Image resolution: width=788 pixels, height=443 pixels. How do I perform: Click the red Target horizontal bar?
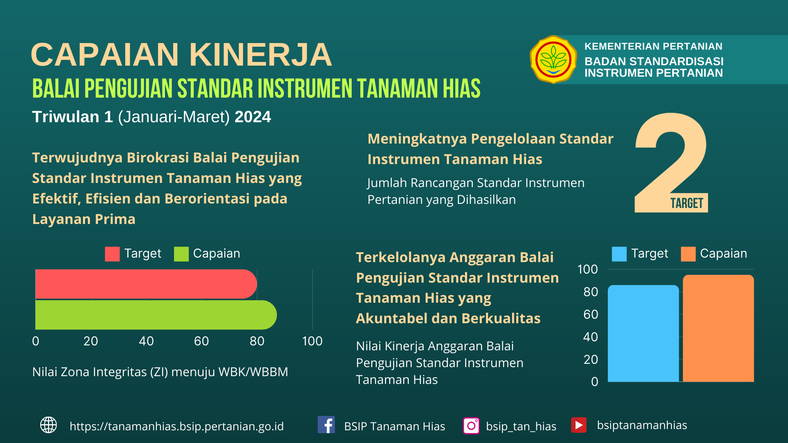coord(146,284)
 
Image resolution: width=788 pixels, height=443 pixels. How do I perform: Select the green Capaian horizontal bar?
coord(156,315)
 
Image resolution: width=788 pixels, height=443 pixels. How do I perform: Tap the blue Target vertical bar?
coord(643,333)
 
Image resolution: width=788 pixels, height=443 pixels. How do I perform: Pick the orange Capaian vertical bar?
coord(718,328)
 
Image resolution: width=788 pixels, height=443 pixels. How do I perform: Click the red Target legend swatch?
coord(112,254)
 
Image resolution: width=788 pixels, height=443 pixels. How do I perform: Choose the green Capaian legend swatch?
coord(181,254)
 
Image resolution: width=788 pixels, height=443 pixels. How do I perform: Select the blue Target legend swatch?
coord(619,254)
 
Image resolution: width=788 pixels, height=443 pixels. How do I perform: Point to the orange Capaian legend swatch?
coord(688,254)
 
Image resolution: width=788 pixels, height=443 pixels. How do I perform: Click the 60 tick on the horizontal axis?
coord(202,341)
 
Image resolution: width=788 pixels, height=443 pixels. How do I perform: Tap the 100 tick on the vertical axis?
coord(587,269)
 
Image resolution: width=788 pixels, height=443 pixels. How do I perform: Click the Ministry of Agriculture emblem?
coord(553,59)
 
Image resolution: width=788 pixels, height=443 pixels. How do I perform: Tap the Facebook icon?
coord(326,425)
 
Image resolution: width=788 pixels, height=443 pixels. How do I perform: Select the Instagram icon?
coord(471,426)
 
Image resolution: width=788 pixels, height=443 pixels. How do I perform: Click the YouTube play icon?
coord(579,425)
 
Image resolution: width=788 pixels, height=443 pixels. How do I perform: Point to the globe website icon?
coord(48,425)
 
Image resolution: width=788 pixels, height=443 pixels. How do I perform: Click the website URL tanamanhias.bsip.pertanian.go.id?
coord(176,427)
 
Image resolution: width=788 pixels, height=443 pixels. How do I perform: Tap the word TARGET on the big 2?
coord(687,203)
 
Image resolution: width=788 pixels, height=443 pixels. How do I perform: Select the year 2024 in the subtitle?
coord(253,117)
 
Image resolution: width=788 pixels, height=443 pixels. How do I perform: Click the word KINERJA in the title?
coord(260,55)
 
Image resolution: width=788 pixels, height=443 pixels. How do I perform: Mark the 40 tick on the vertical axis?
coord(591,337)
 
